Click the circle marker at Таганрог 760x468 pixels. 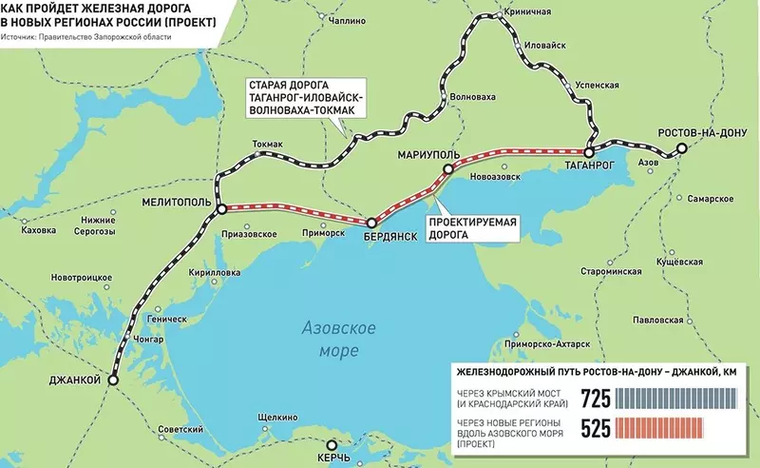(x=589, y=151)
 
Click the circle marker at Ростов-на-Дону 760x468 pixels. (x=680, y=147)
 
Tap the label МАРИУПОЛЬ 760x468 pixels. (x=429, y=153)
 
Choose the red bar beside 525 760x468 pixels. (x=676, y=430)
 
